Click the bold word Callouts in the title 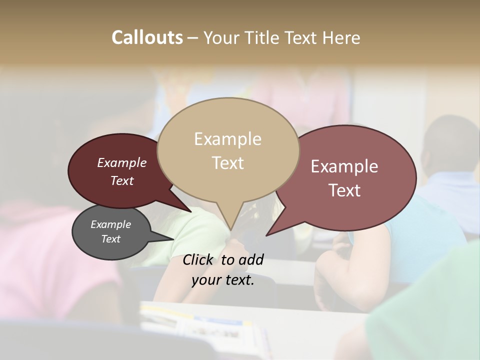pos(147,37)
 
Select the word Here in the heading pos(341,37)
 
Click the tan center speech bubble pos(228,125)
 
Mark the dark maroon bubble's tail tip pos(190,211)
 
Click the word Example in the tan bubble pos(227,139)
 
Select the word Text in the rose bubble pos(344,190)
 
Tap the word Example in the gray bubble pos(110,224)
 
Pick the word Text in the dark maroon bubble pos(121,180)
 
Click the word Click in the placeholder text pos(198,259)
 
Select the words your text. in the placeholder pos(223,280)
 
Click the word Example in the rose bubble pos(344,166)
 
